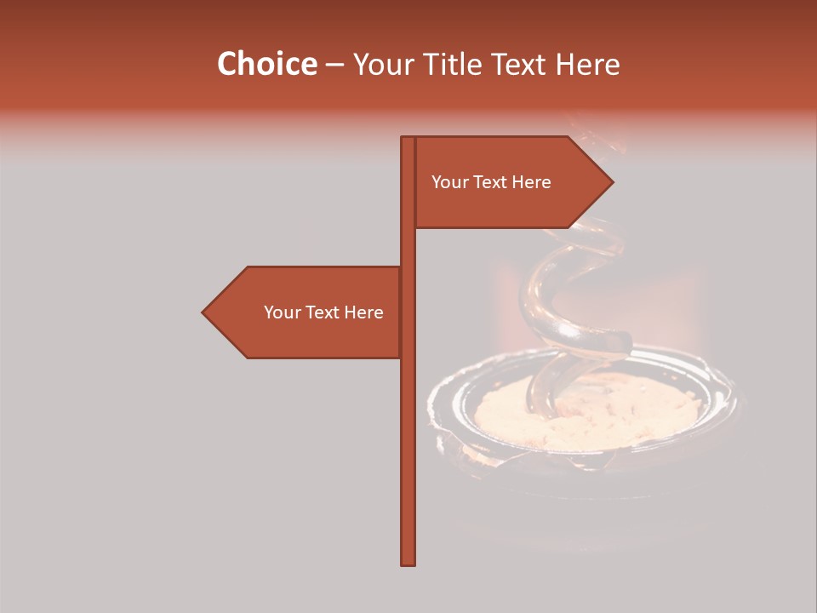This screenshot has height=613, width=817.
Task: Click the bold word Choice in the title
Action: point(266,64)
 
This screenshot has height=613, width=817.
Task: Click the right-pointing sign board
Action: point(511,182)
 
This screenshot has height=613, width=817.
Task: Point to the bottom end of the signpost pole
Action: point(408,563)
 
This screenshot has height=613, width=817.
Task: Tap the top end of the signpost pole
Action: point(408,139)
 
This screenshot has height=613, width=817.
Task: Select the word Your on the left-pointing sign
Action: point(282,312)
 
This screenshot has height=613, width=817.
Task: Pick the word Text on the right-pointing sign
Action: point(492,182)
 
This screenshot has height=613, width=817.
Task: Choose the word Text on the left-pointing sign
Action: point(324,312)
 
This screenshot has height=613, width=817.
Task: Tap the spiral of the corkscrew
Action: point(562,289)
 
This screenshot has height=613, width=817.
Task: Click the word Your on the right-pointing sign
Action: point(449,182)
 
